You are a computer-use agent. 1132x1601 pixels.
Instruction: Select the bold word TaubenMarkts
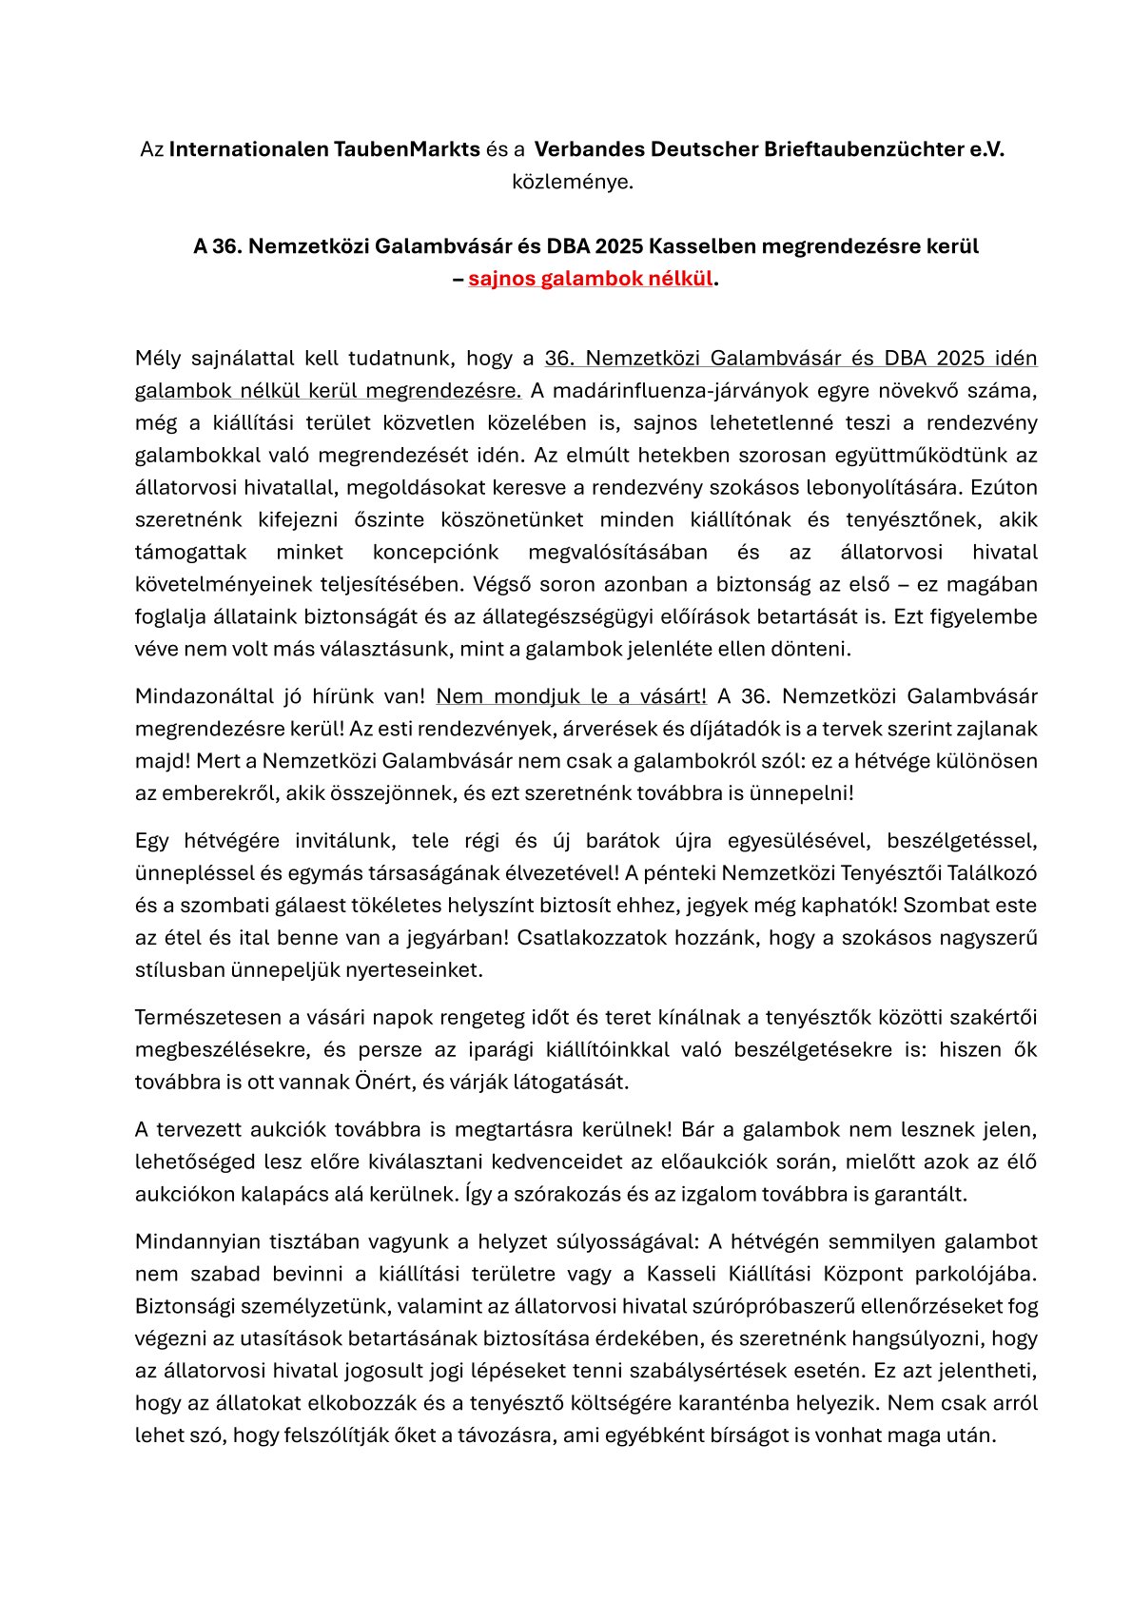coord(406,149)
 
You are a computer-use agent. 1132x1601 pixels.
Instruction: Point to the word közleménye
coord(572,182)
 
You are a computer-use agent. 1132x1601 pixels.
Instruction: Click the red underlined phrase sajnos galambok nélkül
coord(590,279)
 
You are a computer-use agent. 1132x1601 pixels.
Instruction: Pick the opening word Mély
coord(158,359)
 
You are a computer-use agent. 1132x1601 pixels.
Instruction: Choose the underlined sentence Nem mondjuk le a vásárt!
coord(571,696)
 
